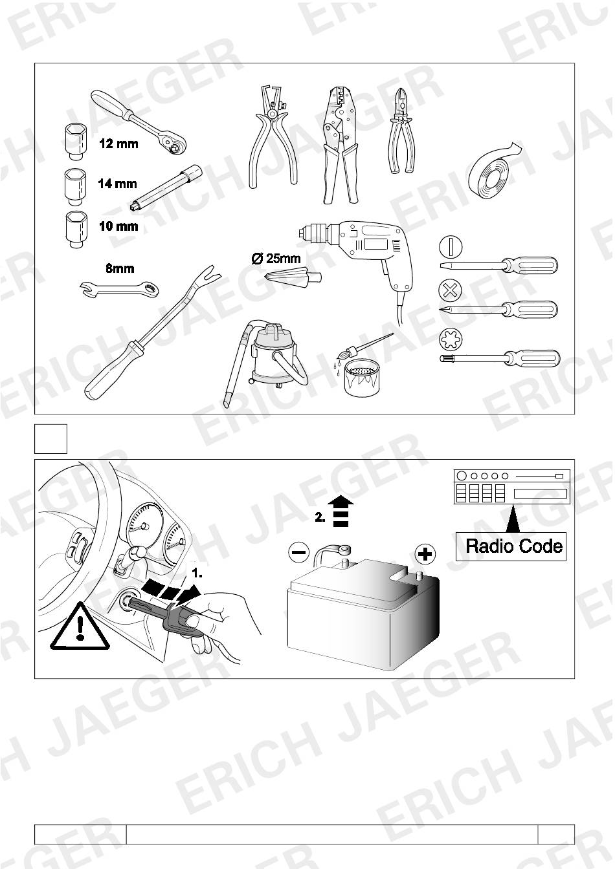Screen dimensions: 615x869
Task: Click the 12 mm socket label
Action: click(x=118, y=144)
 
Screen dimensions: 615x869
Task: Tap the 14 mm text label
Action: click(x=117, y=184)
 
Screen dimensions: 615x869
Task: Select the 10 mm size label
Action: click(x=118, y=226)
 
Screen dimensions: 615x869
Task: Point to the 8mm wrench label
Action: click(x=120, y=268)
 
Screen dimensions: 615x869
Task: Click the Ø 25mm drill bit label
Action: click(x=276, y=259)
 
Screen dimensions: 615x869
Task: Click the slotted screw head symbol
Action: click(x=451, y=246)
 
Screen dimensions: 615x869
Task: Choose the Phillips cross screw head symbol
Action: click(x=450, y=290)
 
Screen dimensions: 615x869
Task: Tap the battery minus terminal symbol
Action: click(x=299, y=552)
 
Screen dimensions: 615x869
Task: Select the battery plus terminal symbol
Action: click(x=425, y=553)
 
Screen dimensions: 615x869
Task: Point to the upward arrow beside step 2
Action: click(x=341, y=511)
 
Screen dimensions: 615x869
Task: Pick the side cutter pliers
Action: click(x=401, y=130)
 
